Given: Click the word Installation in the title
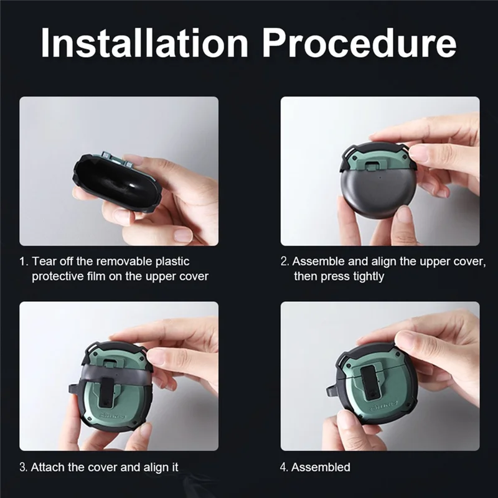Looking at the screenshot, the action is point(144,42).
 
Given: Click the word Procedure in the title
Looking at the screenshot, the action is point(359,42).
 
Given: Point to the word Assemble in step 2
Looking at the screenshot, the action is point(319,261).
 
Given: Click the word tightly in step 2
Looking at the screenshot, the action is point(368,276).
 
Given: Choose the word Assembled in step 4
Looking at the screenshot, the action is point(321,467).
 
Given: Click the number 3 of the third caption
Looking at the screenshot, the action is point(23,467).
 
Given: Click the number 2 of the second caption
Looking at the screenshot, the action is point(284,261).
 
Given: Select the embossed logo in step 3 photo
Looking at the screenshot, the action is point(113,415).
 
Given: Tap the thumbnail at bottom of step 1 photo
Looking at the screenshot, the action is point(183,235).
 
